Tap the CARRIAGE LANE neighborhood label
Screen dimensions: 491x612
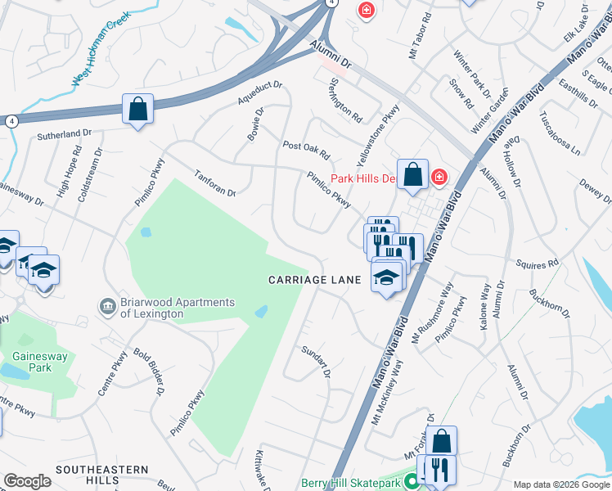tap(315, 280)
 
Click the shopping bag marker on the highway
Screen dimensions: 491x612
tap(137, 109)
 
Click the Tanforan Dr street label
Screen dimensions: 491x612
tap(215, 182)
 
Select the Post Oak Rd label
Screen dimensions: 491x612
tap(305, 151)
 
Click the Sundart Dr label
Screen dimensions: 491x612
tap(315, 362)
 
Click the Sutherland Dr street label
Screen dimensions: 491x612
tap(64, 133)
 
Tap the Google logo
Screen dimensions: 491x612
tap(27, 481)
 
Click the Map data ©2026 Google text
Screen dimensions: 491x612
tap(560, 484)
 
